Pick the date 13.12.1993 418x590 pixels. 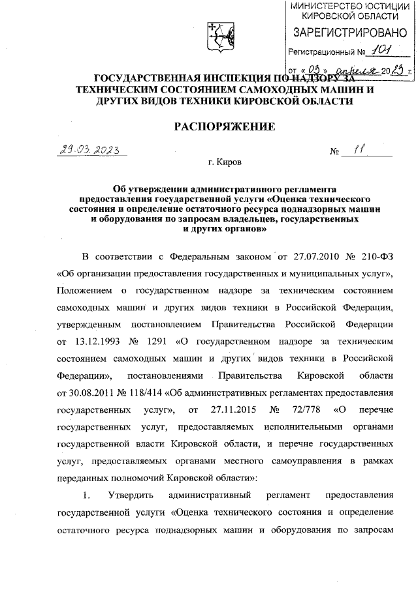(x=99, y=341)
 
